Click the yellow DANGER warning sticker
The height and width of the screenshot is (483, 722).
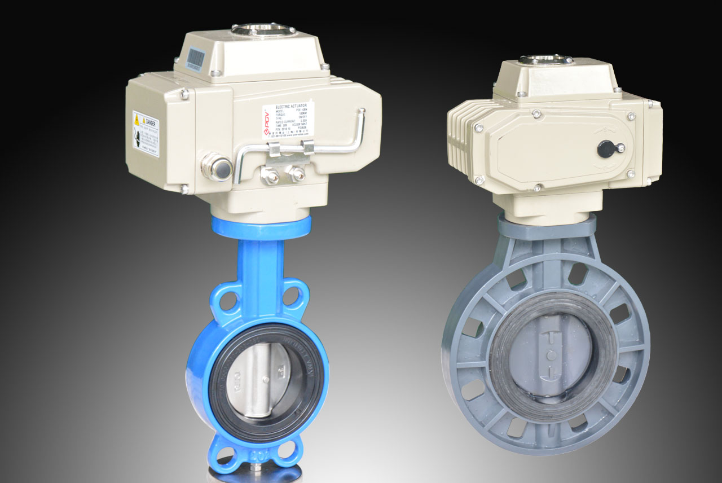click(x=146, y=134)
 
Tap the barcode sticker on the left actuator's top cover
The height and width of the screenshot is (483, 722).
click(x=195, y=58)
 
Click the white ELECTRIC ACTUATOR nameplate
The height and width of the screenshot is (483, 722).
click(x=288, y=120)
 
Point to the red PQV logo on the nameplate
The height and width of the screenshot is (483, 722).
click(x=267, y=120)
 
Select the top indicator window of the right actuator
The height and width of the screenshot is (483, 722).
click(x=545, y=59)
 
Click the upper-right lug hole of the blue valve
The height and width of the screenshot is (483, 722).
click(x=292, y=298)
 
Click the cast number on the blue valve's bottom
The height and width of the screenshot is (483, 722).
click(x=257, y=453)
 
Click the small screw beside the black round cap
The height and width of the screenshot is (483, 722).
click(x=620, y=148)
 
